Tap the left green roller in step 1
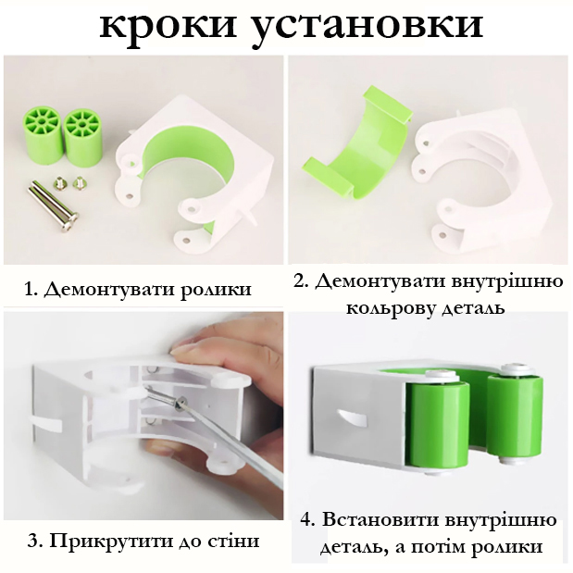(x=42, y=136)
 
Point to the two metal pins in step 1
(x=54, y=207)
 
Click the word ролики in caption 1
(x=215, y=289)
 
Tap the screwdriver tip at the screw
(x=179, y=403)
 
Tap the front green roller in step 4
(x=437, y=426)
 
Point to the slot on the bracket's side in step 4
(x=352, y=417)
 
